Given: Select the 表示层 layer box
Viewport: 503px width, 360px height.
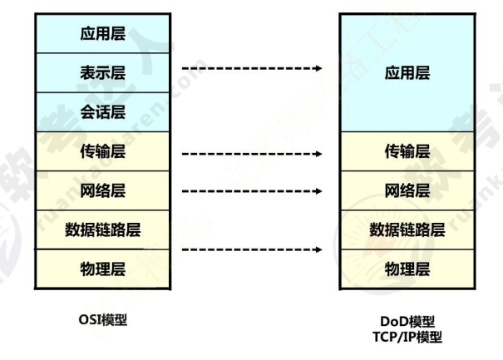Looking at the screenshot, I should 103,73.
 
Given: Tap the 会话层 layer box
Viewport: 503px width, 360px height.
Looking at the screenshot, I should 103,111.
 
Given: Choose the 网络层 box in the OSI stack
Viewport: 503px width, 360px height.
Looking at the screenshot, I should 103,190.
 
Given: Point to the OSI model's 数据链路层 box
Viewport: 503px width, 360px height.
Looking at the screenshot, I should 103,230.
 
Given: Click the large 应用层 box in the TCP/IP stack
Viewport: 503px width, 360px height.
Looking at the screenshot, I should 407,73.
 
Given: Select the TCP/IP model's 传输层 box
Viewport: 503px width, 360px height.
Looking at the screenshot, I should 407,151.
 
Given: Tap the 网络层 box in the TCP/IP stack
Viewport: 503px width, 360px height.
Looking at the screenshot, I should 407,190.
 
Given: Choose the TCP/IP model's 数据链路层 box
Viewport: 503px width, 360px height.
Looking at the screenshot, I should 407,230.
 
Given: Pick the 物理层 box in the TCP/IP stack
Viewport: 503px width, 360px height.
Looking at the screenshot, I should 407,269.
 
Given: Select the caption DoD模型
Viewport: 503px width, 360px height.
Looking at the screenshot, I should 407,321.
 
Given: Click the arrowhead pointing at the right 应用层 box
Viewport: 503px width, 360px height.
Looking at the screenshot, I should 318,69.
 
